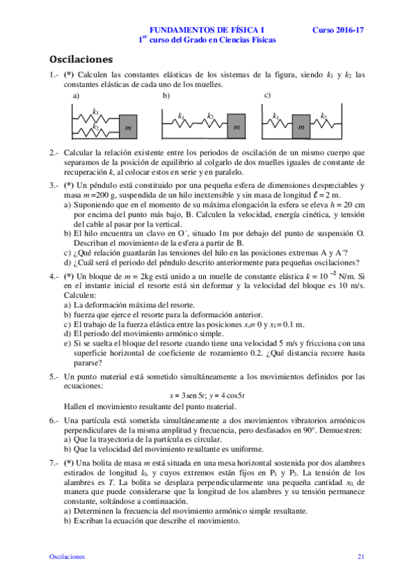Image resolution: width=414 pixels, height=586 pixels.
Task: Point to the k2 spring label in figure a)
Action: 96,127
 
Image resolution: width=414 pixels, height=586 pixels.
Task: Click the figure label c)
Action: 268,95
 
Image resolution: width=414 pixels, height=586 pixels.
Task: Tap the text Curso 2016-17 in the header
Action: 337,30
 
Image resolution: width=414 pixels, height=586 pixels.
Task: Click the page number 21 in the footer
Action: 361,556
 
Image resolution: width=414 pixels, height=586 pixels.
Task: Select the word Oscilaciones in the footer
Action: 67,556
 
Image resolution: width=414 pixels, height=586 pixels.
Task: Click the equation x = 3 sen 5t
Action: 186,396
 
